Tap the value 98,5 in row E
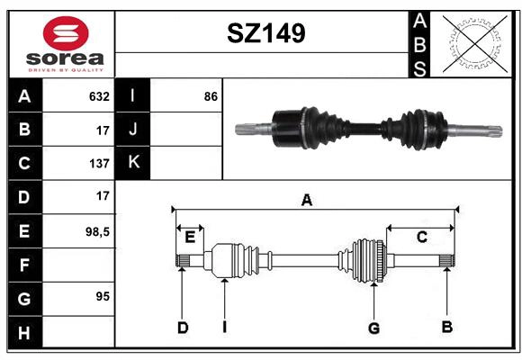click(x=96, y=231)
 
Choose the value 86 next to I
click(x=211, y=96)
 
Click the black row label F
click(x=24, y=265)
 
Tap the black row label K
click(x=133, y=163)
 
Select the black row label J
click(x=133, y=130)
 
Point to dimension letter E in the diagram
click(x=190, y=238)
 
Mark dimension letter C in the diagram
click(x=421, y=237)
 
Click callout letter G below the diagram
click(x=373, y=328)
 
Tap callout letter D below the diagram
click(x=182, y=328)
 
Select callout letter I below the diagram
click(x=224, y=328)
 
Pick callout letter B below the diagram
click(x=446, y=327)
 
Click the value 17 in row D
click(x=103, y=196)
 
